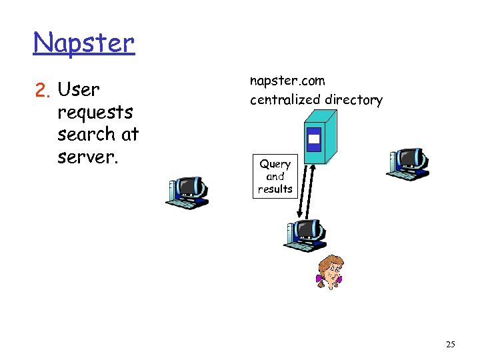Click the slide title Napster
coord(83,43)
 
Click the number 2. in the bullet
coord(43,89)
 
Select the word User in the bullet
coord(79,89)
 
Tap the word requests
coord(95,112)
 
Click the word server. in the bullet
coord(87,157)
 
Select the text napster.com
coord(287,81)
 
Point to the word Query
coord(275,164)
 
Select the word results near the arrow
coord(275,189)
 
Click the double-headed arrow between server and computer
coord(306,190)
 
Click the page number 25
coord(450,345)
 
